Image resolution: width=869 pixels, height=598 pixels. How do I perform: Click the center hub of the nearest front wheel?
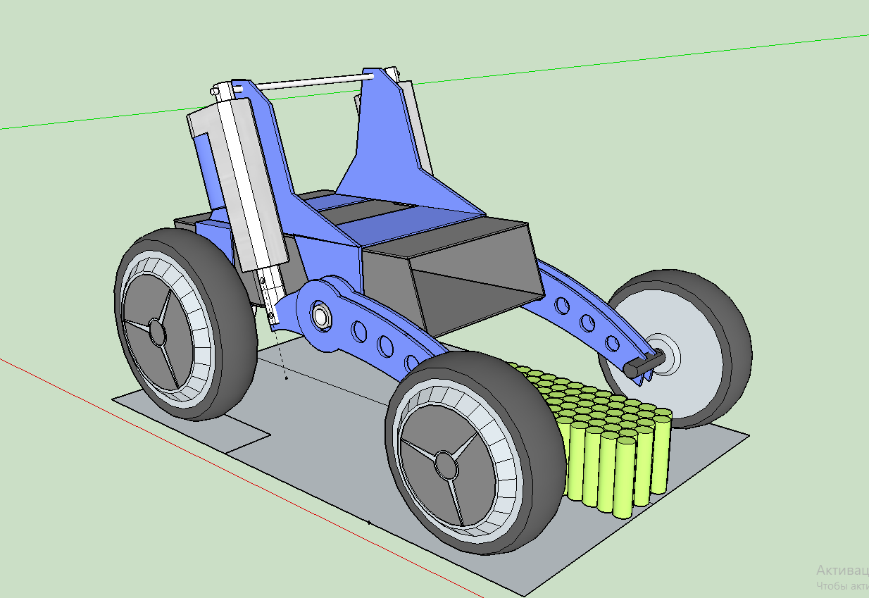pos(445,462)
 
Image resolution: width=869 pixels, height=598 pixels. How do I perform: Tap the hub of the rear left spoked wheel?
pos(156,331)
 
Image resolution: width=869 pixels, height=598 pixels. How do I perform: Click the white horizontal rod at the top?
pos(310,82)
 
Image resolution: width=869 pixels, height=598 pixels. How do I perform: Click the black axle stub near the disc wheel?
pos(642,363)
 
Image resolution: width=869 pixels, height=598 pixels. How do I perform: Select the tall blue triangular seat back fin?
pos(384,141)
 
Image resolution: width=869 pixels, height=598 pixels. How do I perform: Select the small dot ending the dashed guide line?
pos(287,378)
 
